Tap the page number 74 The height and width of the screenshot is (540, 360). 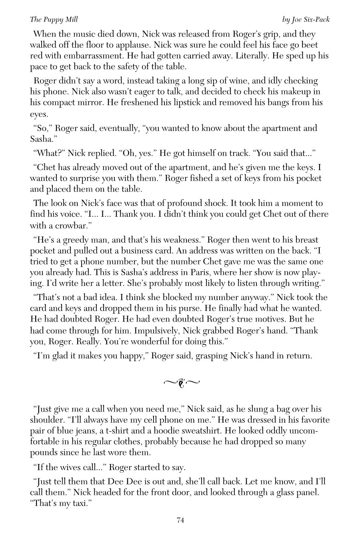180,520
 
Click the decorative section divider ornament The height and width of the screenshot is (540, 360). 181,383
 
